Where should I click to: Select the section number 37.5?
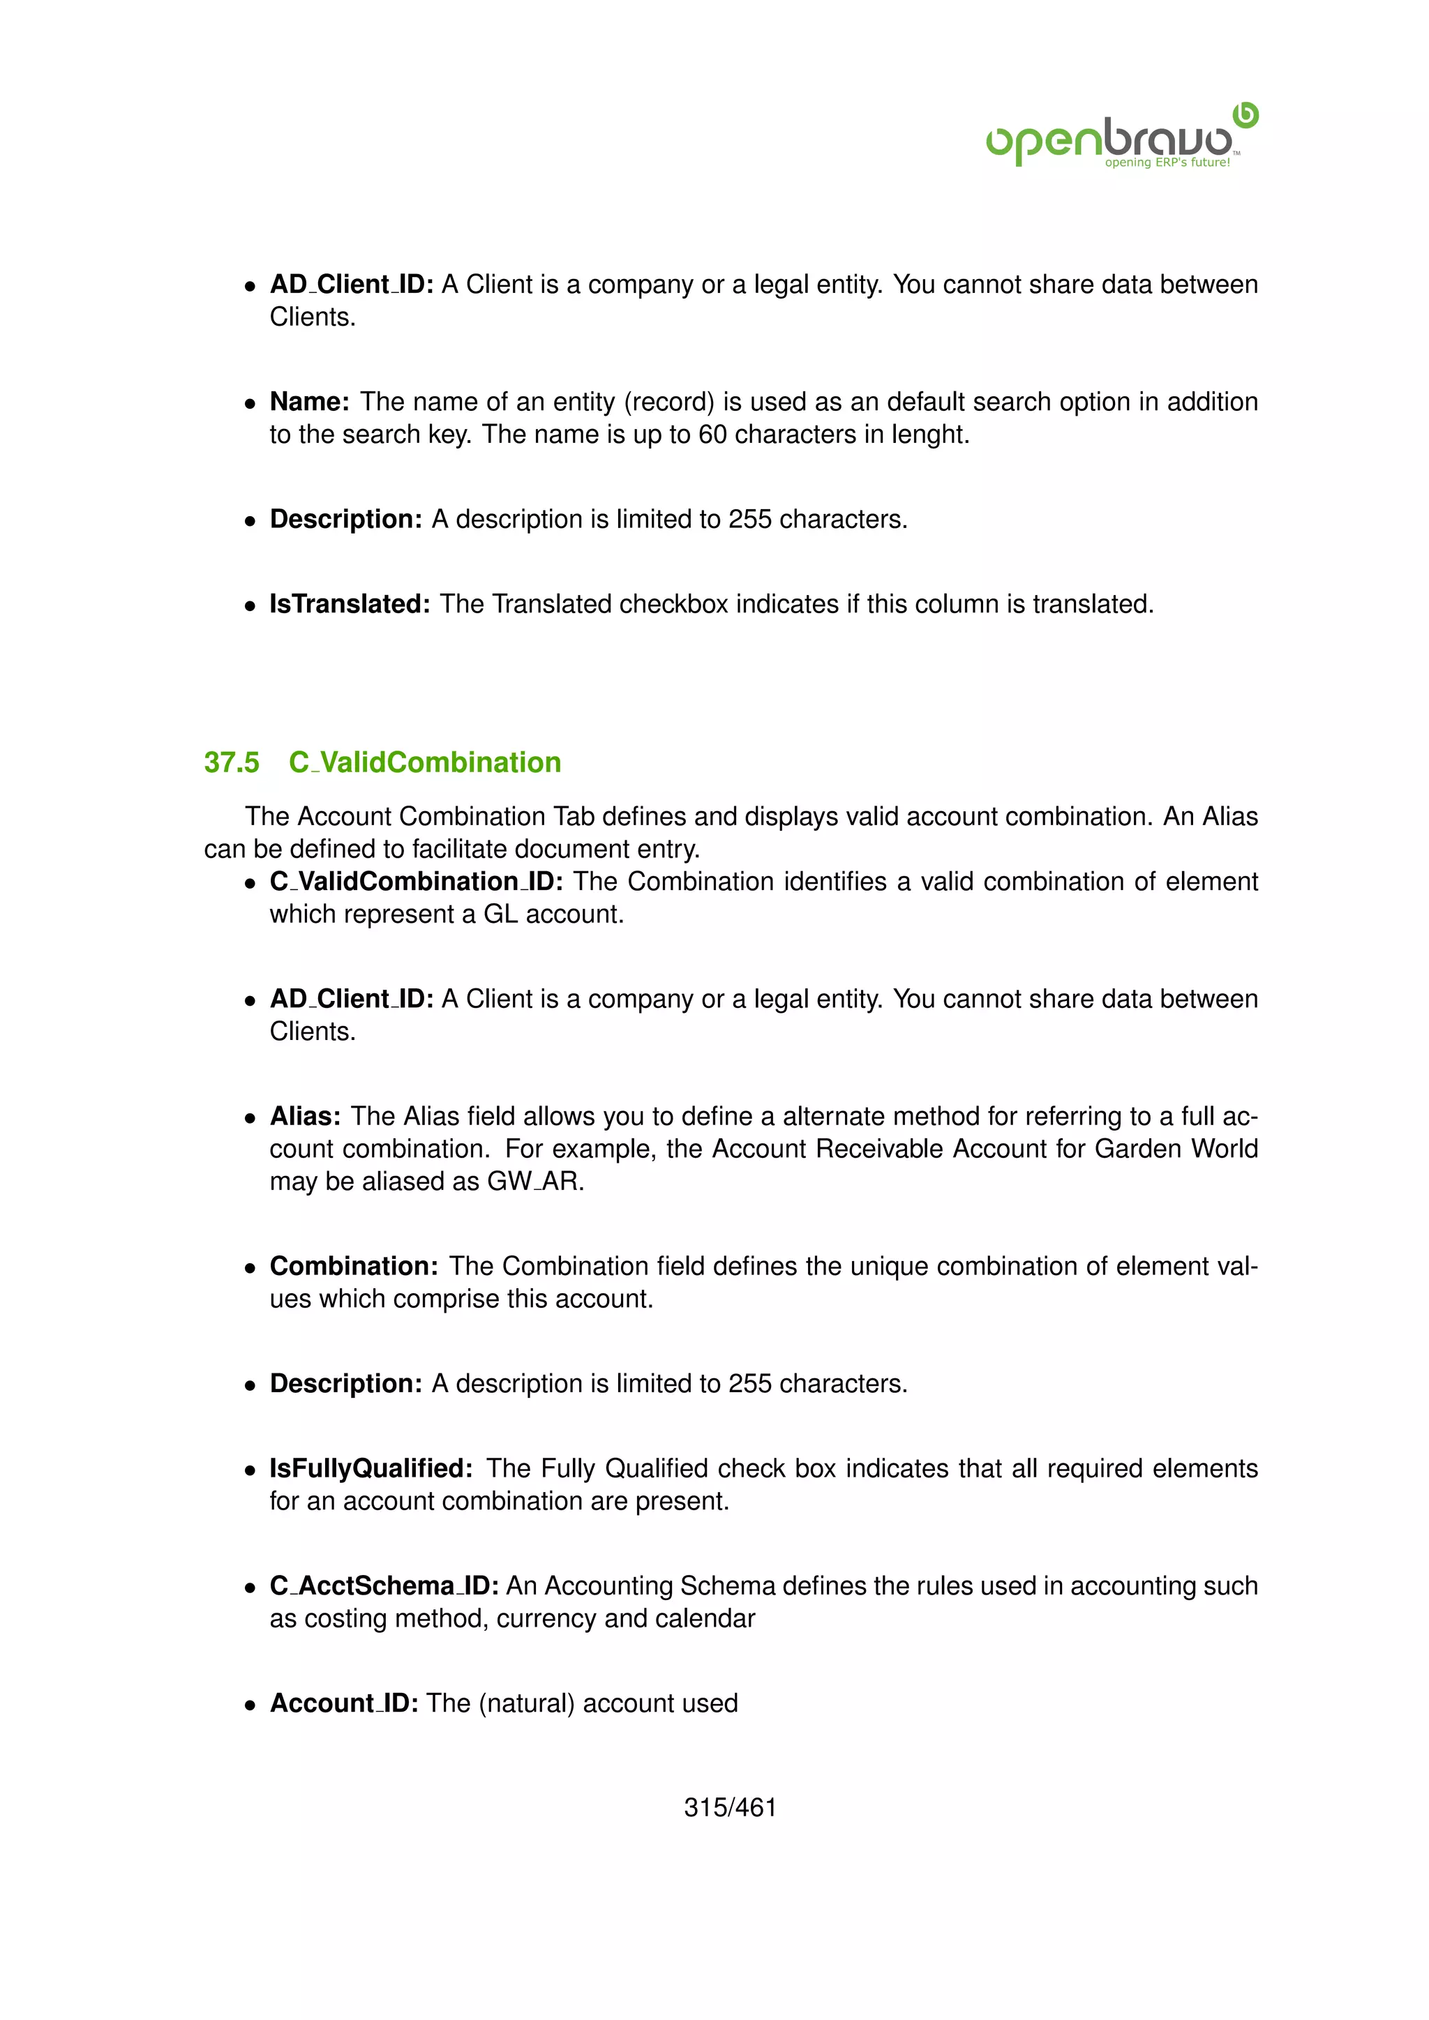232,762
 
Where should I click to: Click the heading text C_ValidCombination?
425,762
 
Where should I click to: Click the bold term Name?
310,402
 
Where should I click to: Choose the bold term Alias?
304,1117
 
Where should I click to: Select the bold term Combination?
354,1266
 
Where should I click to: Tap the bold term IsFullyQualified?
371,1468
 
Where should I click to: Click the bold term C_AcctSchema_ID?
384,1586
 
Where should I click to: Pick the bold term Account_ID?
343,1703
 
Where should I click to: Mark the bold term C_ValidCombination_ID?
415,882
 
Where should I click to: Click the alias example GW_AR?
534,1182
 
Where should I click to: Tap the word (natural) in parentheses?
526,1703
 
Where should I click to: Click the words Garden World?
1176,1149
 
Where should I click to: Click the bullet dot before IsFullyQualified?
250,1470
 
